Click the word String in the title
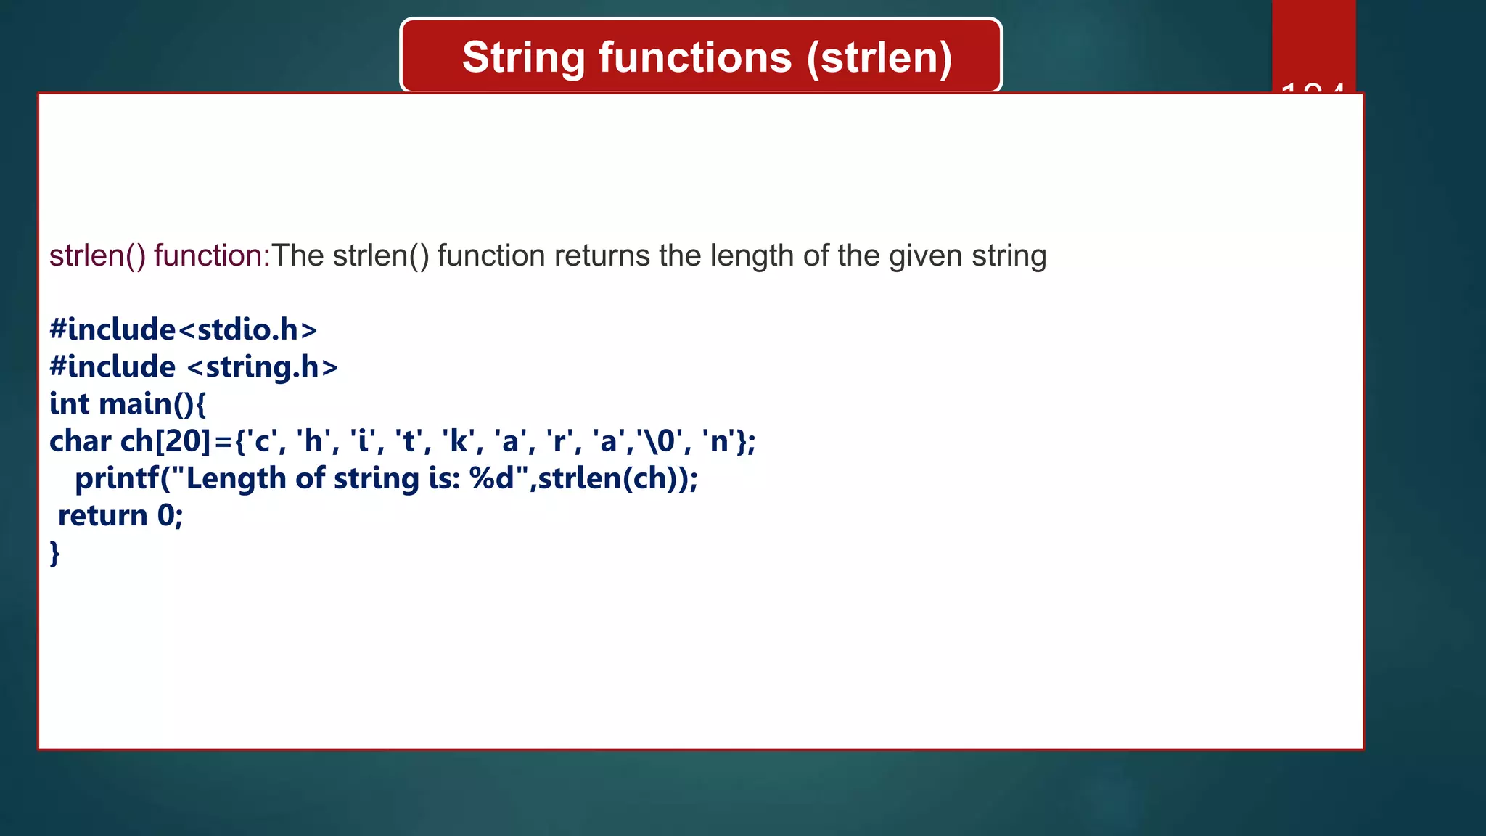coord(523,58)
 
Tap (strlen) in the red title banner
coord(879,58)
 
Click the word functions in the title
coord(694,58)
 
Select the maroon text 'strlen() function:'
coord(160,256)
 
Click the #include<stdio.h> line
coord(183,330)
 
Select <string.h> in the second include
coord(263,367)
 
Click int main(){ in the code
coord(128,404)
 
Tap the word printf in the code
coord(116,478)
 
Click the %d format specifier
coord(492,478)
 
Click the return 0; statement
coord(120,516)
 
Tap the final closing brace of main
coord(54,553)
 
